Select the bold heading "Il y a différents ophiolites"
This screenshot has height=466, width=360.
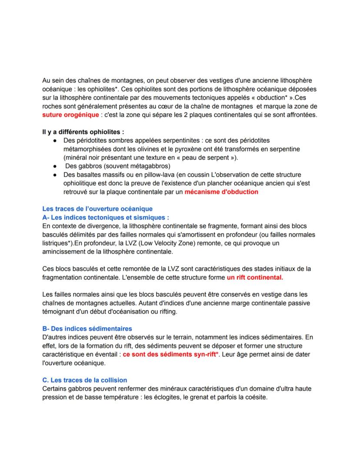coord(82,132)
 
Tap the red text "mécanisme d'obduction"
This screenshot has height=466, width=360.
coord(221,191)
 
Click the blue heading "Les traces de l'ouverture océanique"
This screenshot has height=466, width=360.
coord(97,209)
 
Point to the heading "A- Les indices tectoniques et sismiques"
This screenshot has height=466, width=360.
coord(105,217)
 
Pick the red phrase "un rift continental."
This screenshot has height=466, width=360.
coord(254,277)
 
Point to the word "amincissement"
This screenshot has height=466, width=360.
coord(64,251)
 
